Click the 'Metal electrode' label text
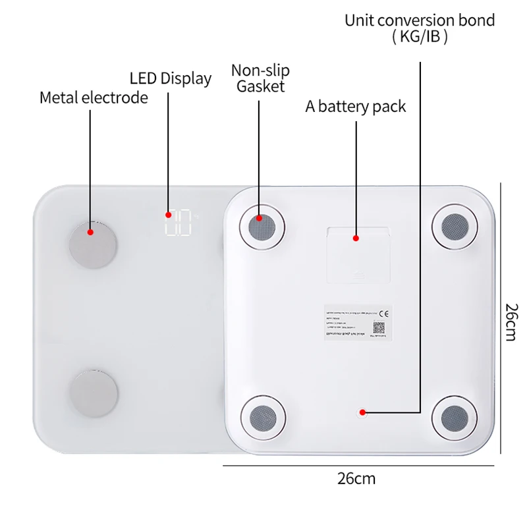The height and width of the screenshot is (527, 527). (94, 98)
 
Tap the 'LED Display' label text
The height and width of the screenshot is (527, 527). (171, 78)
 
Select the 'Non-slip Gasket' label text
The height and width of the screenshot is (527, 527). (260, 78)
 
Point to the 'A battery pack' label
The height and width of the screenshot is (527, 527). (356, 106)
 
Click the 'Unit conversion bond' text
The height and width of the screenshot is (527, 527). (420, 20)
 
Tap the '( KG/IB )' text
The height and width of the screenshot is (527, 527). (420, 37)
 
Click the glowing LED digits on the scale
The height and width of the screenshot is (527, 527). (178, 223)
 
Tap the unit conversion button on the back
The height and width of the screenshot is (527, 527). (362, 412)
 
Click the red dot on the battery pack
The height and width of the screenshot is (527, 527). (356, 238)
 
